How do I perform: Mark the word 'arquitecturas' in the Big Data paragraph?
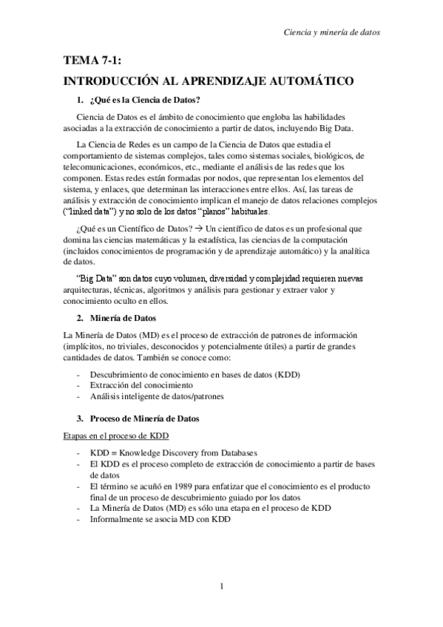[x=90, y=291]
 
